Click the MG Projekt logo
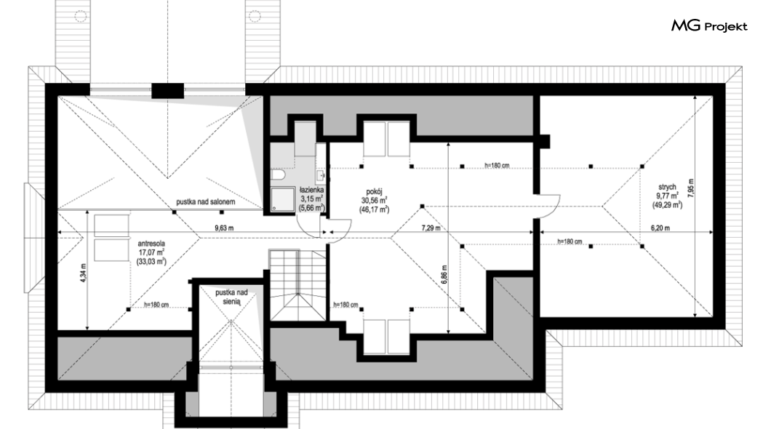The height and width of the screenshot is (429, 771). (709, 26)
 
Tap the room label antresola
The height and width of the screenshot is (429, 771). (151, 244)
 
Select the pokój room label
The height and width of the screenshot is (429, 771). (374, 192)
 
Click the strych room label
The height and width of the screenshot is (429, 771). (667, 187)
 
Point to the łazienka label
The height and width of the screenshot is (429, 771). (312, 190)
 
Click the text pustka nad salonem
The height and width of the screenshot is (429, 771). (206, 201)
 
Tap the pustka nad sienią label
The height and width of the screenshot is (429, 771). (231, 297)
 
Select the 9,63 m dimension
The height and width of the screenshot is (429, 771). (224, 228)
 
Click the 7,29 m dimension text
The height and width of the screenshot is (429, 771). (431, 228)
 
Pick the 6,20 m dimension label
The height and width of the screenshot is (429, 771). (660, 228)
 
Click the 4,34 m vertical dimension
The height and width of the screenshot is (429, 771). (83, 271)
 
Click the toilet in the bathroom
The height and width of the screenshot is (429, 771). (278, 175)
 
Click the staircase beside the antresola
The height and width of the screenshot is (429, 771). (297, 286)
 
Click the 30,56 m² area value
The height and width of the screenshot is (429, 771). (374, 200)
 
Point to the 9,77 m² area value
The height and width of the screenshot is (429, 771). (667, 196)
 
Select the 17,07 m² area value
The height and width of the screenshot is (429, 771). (151, 252)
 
